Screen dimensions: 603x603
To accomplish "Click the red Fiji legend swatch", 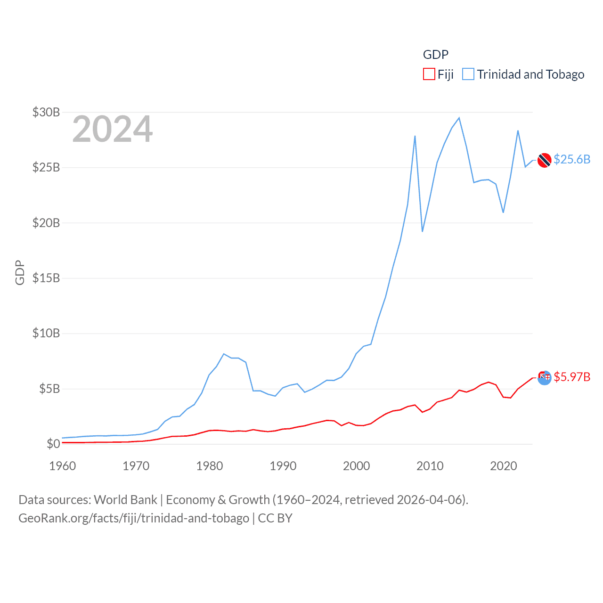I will click(x=429, y=74).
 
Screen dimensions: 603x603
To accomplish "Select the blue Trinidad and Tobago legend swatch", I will click(x=468, y=74).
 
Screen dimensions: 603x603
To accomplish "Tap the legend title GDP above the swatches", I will click(x=435, y=55).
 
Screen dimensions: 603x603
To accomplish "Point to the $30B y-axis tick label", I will click(x=46, y=112).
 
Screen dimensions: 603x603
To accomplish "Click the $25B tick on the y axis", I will click(x=46, y=167).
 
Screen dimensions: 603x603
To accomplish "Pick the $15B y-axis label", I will click(x=46, y=278).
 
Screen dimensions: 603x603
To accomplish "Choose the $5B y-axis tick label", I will click(x=49, y=389).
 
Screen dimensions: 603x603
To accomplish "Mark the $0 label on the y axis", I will click(x=53, y=444).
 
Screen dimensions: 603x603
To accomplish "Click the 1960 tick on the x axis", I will click(x=63, y=466).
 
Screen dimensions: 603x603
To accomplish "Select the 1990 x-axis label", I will click(x=283, y=466).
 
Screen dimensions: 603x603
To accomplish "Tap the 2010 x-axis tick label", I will click(x=430, y=466).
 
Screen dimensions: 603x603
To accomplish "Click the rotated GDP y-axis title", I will click(x=20, y=272).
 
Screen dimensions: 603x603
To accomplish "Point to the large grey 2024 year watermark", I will click(x=113, y=129).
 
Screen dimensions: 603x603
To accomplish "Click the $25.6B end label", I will click(x=572, y=159).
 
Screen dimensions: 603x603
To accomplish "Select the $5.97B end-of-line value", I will click(x=572, y=377).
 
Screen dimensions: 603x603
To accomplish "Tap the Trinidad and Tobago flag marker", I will click(x=544, y=160).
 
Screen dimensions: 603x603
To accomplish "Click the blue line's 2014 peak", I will click(x=459, y=118).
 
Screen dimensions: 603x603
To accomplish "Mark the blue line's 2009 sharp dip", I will click(x=423, y=231).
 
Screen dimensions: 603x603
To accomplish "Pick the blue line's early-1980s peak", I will click(x=224, y=354).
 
